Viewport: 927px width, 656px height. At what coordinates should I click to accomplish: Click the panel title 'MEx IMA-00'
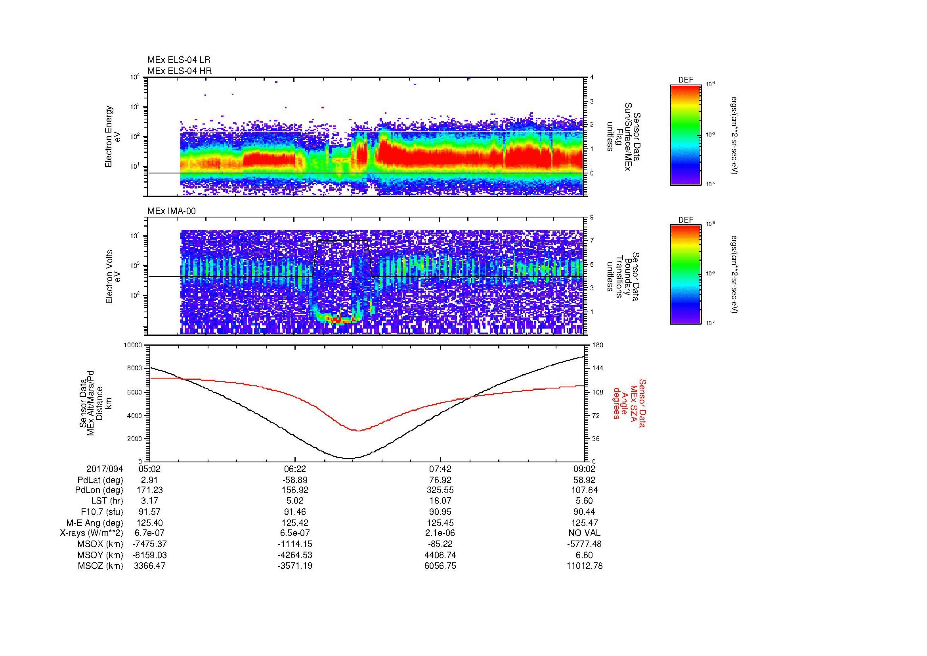pyautogui.click(x=172, y=211)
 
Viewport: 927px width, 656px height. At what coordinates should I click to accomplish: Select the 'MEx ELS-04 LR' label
pyautogui.click(x=179, y=60)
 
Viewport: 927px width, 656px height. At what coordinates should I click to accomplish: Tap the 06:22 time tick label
pyautogui.click(x=295, y=469)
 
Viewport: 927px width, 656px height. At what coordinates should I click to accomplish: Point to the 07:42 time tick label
pyautogui.click(x=440, y=469)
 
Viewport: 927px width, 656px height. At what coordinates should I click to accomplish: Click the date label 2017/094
pyautogui.click(x=105, y=469)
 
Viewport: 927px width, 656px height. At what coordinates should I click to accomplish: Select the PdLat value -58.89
pyautogui.click(x=295, y=480)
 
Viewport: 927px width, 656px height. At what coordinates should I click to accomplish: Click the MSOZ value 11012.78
pyautogui.click(x=585, y=566)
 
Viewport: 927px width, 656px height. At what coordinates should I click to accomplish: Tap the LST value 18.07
pyautogui.click(x=440, y=501)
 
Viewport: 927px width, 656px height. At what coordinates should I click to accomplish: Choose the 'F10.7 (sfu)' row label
pyautogui.click(x=102, y=512)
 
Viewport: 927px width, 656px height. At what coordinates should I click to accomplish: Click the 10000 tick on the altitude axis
pyautogui.click(x=133, y=345)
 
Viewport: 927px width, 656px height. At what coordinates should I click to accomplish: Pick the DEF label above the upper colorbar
pyautogui.click(x=686, y=80)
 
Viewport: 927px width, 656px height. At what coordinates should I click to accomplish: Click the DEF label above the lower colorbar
pyautogui.click(x=686, y=220)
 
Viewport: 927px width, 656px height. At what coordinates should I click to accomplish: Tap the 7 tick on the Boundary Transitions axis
pyautogui.click(x=592, y=240)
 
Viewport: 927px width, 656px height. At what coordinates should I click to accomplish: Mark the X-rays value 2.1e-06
pyautogui.click(x=440, y=533)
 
